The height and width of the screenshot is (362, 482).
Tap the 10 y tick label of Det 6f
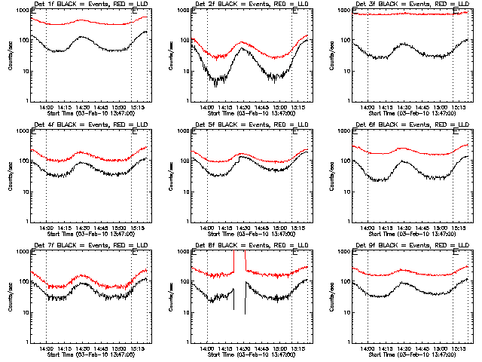coord(344,192)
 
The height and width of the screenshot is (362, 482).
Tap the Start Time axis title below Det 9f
coord(407,354)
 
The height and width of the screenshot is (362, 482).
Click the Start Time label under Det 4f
coord(87,234)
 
